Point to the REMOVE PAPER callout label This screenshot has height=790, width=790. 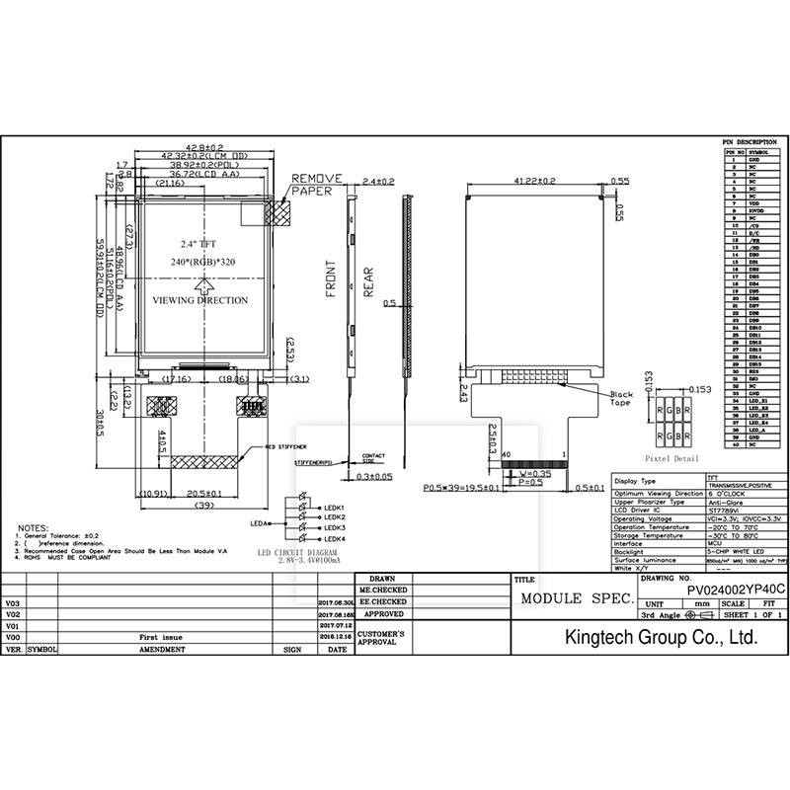(316, 185)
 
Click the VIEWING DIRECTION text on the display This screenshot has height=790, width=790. (200, 300)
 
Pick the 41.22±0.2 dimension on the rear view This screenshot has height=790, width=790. (535, 181)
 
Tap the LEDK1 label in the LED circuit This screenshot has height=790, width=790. (334, 508)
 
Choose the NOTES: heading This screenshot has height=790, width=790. (34, 528)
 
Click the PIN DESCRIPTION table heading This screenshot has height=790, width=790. (750, 142)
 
